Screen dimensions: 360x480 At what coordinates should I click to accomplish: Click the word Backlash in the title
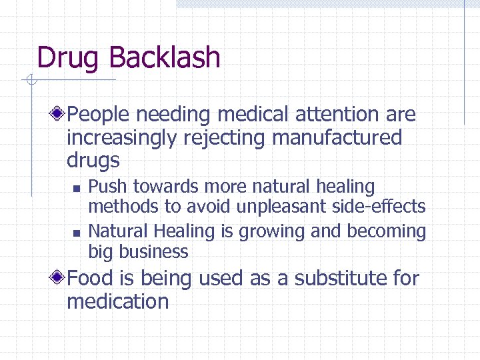[x=164, y=57]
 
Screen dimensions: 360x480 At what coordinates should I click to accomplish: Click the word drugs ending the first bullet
[x=93, y=161]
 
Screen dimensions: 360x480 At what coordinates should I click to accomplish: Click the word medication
[x=117, y=301]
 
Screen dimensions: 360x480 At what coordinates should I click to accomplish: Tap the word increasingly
[x=123, y=138]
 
